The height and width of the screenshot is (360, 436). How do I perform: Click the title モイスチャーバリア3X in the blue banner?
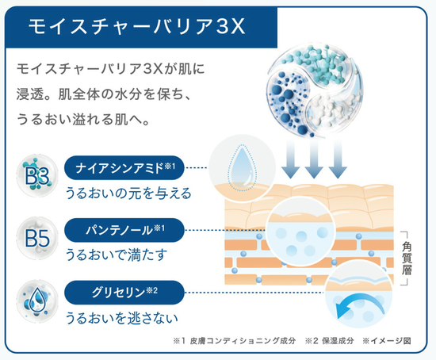click(136, 27)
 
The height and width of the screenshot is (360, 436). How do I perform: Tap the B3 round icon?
click(37, 175)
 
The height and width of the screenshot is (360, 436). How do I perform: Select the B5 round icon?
click(37, 238)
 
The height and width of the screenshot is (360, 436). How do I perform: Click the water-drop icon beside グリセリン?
click(37, 301)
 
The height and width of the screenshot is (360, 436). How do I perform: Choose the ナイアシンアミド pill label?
click(124, 168)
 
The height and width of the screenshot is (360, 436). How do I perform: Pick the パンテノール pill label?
click(124, 230)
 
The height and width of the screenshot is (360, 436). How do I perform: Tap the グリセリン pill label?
click(124, 293)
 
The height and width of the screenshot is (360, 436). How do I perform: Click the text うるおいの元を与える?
click(128, 193)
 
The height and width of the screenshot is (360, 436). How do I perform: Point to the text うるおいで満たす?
click(117, 255)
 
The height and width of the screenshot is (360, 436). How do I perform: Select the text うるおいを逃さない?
click(121, 318)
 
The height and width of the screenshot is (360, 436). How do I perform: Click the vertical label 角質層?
click(407, 259)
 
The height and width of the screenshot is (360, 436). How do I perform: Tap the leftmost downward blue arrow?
click(290, 159)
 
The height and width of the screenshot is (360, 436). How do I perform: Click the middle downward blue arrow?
click(314, 159)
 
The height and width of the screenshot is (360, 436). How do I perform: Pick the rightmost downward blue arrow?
click(338, 159)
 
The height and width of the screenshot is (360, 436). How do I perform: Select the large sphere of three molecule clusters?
click(315, 90)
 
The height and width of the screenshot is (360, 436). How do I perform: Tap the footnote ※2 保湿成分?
click(329, 341)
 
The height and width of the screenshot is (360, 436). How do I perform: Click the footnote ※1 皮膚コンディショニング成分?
click(234, 341)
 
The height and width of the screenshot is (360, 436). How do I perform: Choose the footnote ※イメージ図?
click(387, 341)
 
